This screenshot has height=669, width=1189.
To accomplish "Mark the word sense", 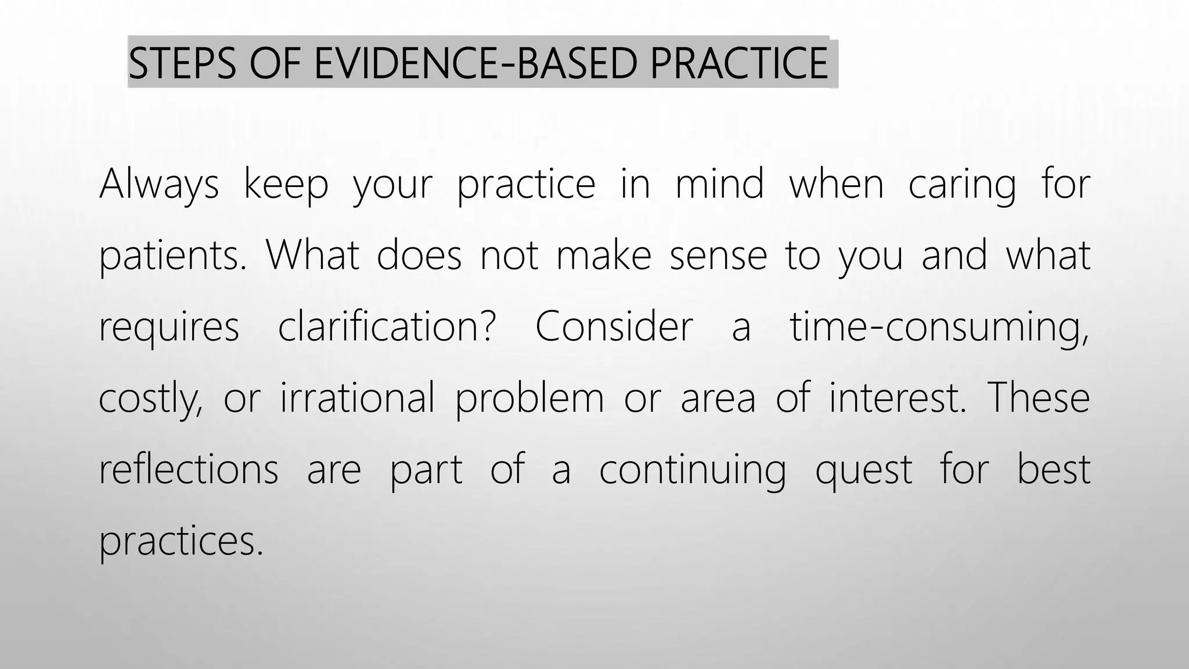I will pyautogui.click(x=718, y=256).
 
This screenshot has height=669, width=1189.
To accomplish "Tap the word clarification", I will pyautogui.click(x=387, y=326).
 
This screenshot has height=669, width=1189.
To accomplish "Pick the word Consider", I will pyautogui.click(x=614, y=326).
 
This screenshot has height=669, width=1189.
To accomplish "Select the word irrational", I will pyautogui.click(x=357, y=398).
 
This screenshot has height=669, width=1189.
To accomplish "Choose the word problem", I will pyautogui.click(x=529, y=399).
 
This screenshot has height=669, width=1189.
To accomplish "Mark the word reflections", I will pyautogui.click(x=189, y=469).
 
